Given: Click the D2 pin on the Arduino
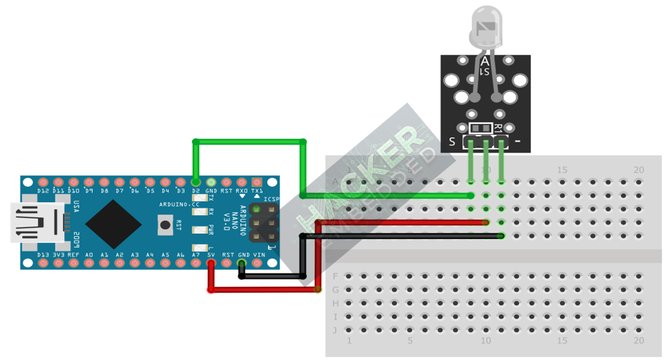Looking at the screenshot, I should (x=196, y=182).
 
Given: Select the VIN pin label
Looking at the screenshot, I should (x=259, y=255).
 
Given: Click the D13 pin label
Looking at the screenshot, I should (x=43, y=255).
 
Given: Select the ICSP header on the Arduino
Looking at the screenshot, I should (x=264, y=222).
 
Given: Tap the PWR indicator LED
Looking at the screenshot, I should (x=200, y=230).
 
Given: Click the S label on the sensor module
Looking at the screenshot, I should (x=452, y=142).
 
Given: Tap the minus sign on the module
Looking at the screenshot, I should (x=518, y=142).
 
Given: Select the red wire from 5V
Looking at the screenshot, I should (x=264, y=290).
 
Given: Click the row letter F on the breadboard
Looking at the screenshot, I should (x=336, y=276).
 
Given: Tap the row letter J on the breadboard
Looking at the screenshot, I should (x=336, y=330).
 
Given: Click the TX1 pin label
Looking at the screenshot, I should (x=257, y=192).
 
